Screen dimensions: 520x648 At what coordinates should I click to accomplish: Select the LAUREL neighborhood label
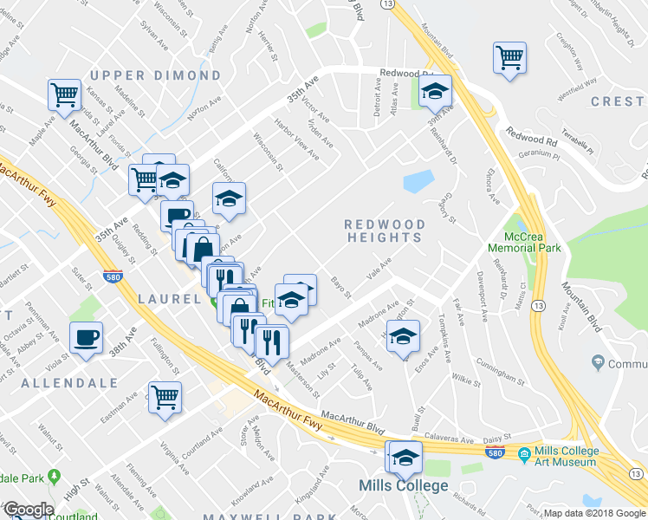click(x=170, y=299)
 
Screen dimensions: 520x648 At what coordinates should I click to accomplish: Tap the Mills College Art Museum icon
click(x=524, y=452)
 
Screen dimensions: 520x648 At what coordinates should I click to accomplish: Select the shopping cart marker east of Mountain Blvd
click(x=509, y=58)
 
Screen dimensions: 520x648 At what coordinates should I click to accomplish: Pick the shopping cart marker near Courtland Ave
click(x=164, y=397)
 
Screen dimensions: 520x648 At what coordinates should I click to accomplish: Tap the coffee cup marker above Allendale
click(x=87, y=338)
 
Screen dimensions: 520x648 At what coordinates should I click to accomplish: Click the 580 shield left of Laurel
click(x=111, y=277)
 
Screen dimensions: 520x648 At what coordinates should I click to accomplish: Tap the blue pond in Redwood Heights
click(x=418, y=181)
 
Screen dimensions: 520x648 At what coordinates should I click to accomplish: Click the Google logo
click(x=28, y=510)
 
